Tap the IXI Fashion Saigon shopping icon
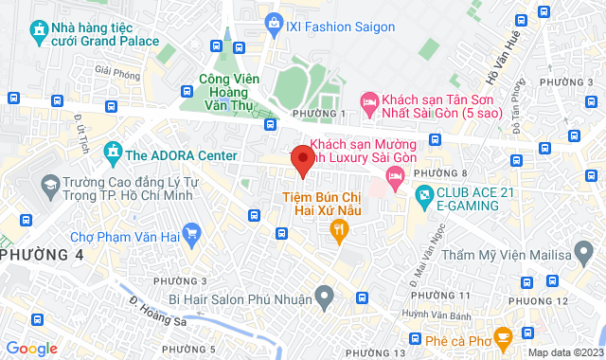point(274,21)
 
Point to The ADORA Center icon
point(113,153)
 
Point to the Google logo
point(30,349)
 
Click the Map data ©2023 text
point(563,352)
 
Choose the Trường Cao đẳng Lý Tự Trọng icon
point(48,186)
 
